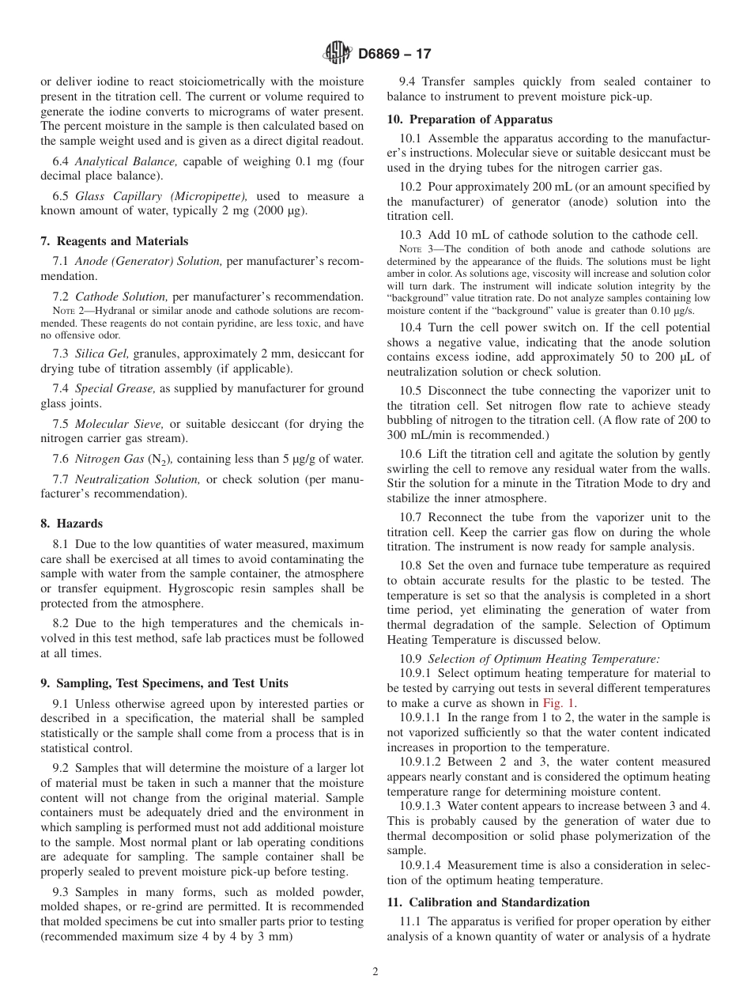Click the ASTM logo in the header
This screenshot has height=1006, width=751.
tap(337, 54)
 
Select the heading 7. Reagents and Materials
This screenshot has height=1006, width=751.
tap(115, 241)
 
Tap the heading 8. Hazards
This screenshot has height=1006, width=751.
tap(72, 524)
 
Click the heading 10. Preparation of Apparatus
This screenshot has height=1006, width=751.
tap(470, 119)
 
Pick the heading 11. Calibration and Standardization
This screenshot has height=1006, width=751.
tap(488, 902)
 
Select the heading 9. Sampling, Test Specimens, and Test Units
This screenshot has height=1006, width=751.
tap(164, 683)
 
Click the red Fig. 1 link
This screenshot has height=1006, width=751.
tap(559, 702)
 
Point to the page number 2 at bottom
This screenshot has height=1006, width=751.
tap(375, 972)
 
